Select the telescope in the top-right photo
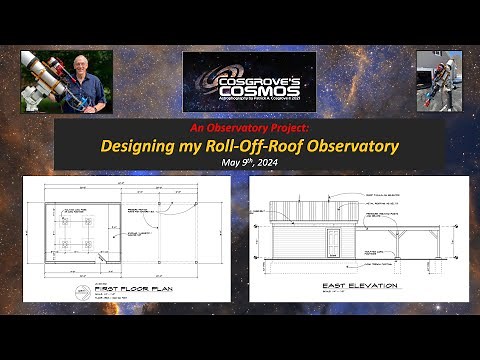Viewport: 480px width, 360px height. pyautogui.click(x=439, y=80)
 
